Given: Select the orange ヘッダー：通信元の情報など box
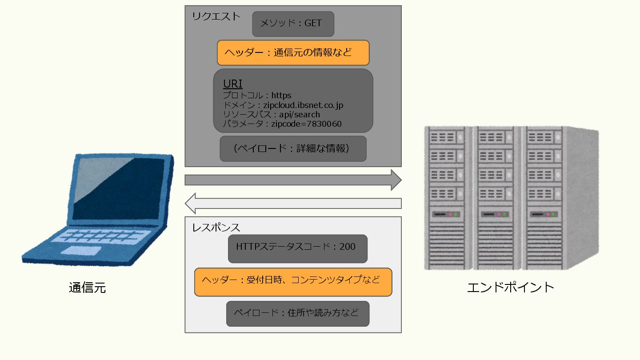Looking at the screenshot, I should [x=293, y=53].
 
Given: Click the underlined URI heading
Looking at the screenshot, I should [x=232, y=84].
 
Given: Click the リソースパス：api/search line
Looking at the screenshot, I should [x=271, y=115].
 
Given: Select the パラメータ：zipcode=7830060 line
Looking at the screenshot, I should [x=282, y=124].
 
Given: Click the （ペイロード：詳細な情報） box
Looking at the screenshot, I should [x=293, y=148].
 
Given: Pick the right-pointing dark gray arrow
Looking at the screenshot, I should [x=293, y=180].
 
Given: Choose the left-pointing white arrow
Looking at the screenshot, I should [x=293, y=204].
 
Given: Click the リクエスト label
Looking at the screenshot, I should [x=216, y=16].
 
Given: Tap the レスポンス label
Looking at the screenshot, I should [x=216, y=228].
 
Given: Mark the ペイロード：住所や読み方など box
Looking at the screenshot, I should [x=297, y=314].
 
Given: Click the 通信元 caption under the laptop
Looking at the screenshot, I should [x=87, y=288].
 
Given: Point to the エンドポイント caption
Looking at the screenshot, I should [x=510, y=287].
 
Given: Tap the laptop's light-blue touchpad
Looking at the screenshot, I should [x=80, y=251].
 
